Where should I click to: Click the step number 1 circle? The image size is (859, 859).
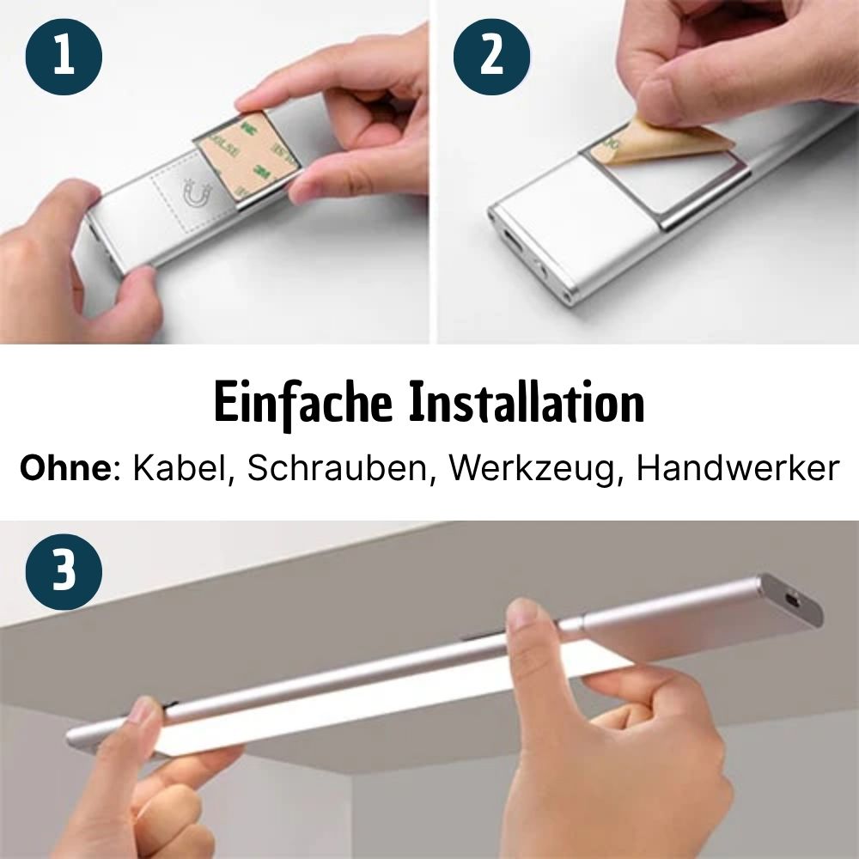[64, 57]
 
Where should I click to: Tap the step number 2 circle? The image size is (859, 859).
[491, 57]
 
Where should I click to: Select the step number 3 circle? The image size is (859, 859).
[64, 571]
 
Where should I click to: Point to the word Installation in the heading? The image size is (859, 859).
[527, 403]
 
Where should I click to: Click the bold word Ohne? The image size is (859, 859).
[66, 468]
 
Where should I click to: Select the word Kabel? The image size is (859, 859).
[180, 468]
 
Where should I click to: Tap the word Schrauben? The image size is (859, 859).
[337, 468]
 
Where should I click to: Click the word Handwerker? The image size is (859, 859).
[737, 468]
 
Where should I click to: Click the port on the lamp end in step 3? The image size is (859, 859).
[792, 601]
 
